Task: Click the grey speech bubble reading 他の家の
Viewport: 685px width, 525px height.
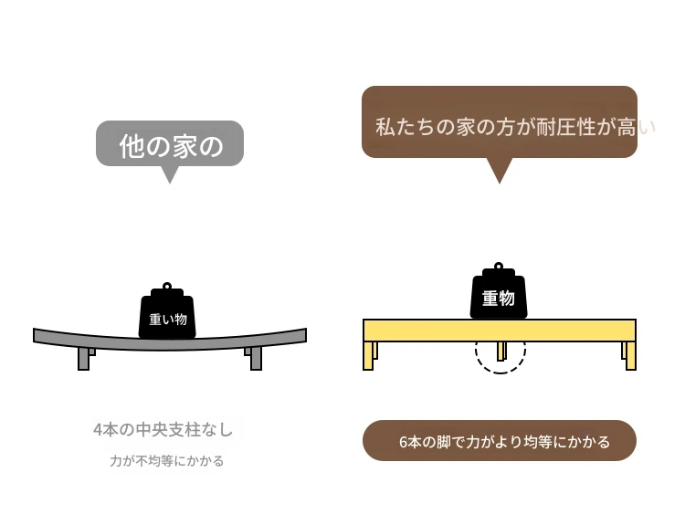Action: pyautogui.click(x=170, y=143)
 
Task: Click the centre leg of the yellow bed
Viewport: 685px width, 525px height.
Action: pyautogui.click(x=501, y=351)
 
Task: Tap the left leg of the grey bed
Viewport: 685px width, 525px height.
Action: pyautogui.click(x=84, y=358)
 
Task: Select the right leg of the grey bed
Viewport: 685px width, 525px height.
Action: pyautogui.click(x=256, y=358)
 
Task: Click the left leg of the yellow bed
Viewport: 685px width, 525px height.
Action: pyautogui.click(x=368, y=355)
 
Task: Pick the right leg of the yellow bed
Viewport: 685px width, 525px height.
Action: pyautogui.click(x=630, y=355)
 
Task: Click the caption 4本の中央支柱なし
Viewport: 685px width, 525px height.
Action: pyautogui.click(x=163, y=430)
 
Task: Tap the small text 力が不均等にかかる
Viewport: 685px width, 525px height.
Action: pyautogui.click(x=167, y=461)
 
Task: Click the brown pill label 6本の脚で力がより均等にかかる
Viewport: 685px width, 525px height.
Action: pyautogui.click(x=500, y=441)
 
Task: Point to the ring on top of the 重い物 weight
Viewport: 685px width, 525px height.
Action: pyautogui.click(x=167, y=287)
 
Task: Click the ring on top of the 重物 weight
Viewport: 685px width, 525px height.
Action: pyautogui.click(x=499, y=267)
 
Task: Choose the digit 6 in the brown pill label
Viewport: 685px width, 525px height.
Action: pyautogui.click(x=404, y=442)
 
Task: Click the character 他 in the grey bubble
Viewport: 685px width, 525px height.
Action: pyautogui.click(x=132, y=146)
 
